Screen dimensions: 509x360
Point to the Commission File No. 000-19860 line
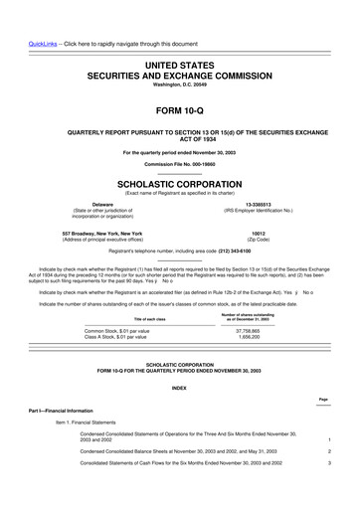point(180,164)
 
